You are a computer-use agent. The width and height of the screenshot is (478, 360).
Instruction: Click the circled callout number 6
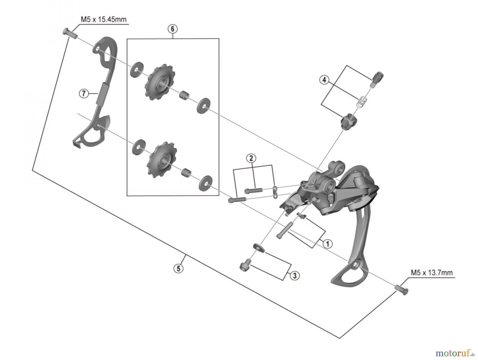172,29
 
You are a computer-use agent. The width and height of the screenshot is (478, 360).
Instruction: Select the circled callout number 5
178,268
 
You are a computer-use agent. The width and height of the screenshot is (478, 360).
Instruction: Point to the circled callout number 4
324,80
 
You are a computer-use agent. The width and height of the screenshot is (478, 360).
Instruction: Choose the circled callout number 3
295,275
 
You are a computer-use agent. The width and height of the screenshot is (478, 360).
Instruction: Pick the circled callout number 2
251,158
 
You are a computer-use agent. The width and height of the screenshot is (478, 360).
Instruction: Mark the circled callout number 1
327,244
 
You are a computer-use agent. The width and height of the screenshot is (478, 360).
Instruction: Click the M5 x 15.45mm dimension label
104,19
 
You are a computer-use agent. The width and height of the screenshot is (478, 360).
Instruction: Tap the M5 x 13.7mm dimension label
432,272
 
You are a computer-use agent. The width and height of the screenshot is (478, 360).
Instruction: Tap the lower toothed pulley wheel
162,160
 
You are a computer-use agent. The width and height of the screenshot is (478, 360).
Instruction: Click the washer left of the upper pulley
136,70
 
